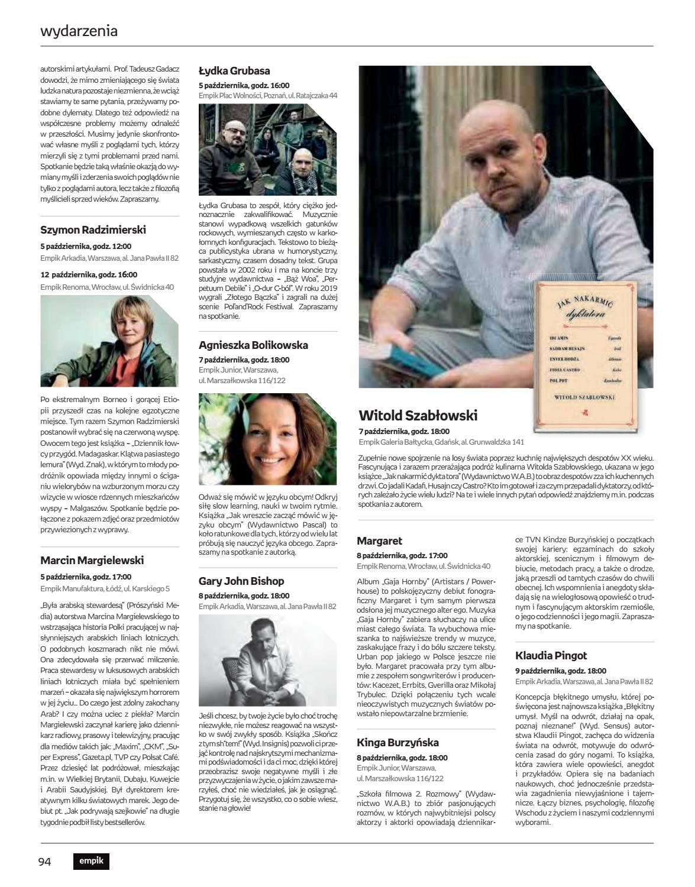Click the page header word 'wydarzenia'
coord(79,31)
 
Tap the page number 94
coord(44,862)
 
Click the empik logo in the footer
coord(92,862)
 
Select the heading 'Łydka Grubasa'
coord(234,71)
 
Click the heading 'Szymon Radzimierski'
coord(93,229)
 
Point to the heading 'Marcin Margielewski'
coord(92,560)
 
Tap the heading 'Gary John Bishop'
coord(241,581)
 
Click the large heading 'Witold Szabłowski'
coord(418,415)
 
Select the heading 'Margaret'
coord(379,540)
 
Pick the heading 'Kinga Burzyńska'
coord(397,742)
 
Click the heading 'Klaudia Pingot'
coord(551,655)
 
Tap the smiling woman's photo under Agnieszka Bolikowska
coord(268,438)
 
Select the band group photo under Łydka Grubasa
coord(268,150)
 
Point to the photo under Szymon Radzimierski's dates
coord(109,341)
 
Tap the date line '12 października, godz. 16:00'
coord(89,274)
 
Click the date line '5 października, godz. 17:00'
coord(86,577)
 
